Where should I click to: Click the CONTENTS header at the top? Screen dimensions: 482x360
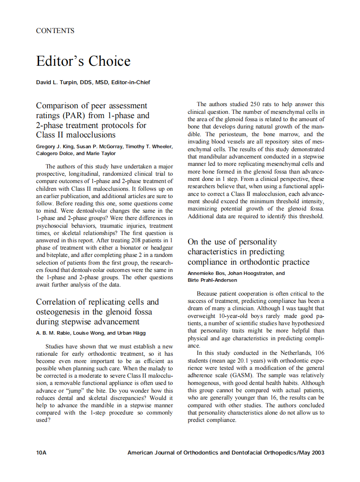coord(55,31)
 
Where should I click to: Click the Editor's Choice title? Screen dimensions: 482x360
coord(83,61)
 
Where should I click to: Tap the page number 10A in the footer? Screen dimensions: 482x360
coord(41,452)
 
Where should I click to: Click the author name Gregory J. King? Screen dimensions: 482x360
coord(55,146)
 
